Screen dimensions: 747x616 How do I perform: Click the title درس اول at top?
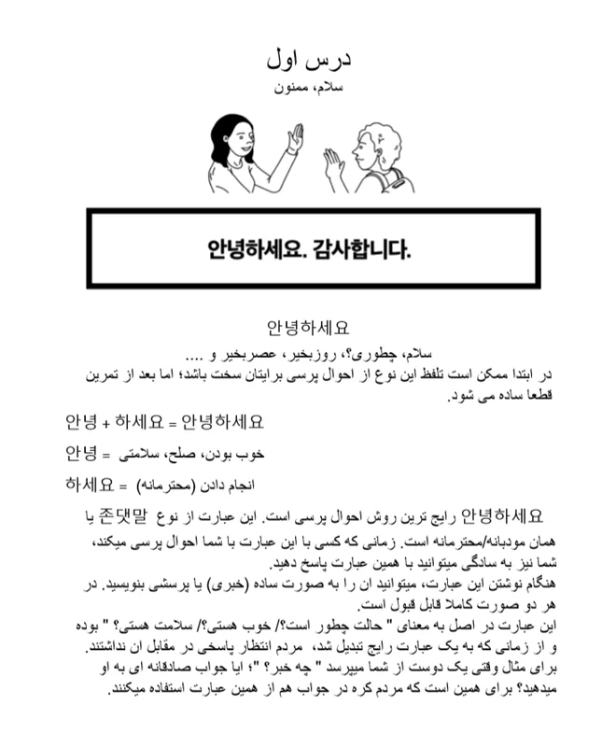[x=307, y=59]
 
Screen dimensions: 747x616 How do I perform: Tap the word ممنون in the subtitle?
[x=289, y=87]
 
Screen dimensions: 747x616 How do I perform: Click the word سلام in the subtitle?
[x=329, y=87]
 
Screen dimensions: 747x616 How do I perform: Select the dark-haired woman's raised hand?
[x=294, y=138]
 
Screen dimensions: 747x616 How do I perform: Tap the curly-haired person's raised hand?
[x=331, y=165]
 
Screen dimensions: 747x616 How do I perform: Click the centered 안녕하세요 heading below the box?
[x=308, y=329]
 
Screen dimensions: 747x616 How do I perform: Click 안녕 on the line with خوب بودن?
[x=81, y=453]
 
